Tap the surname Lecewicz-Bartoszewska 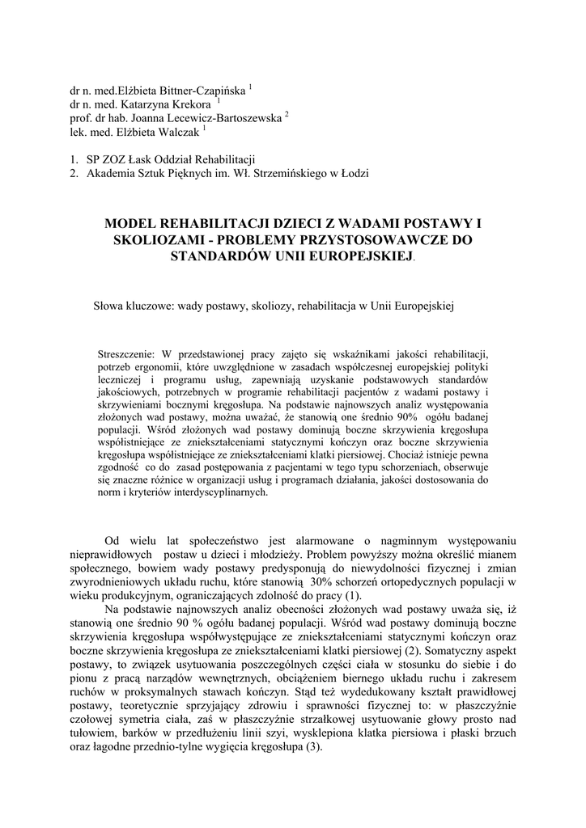coord(231,118)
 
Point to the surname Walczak coord(177,132)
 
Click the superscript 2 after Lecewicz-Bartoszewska coord(287,115)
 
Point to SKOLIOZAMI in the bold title coord(150,240)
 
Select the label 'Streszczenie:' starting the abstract coord(125,353)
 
